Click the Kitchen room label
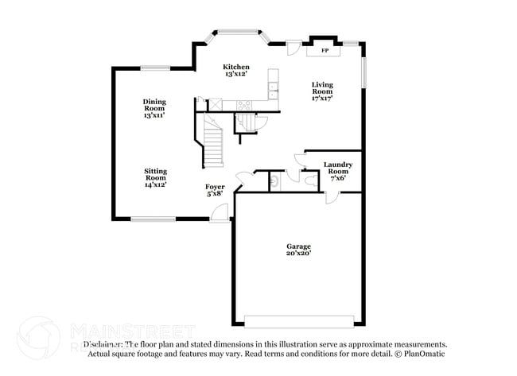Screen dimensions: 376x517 236,67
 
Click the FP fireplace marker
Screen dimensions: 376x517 325,51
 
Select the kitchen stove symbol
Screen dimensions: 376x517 243,104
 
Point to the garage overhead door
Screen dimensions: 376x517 299,321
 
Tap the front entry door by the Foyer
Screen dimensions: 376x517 219,211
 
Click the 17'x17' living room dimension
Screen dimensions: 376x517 322,99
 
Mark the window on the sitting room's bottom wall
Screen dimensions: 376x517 154,219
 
